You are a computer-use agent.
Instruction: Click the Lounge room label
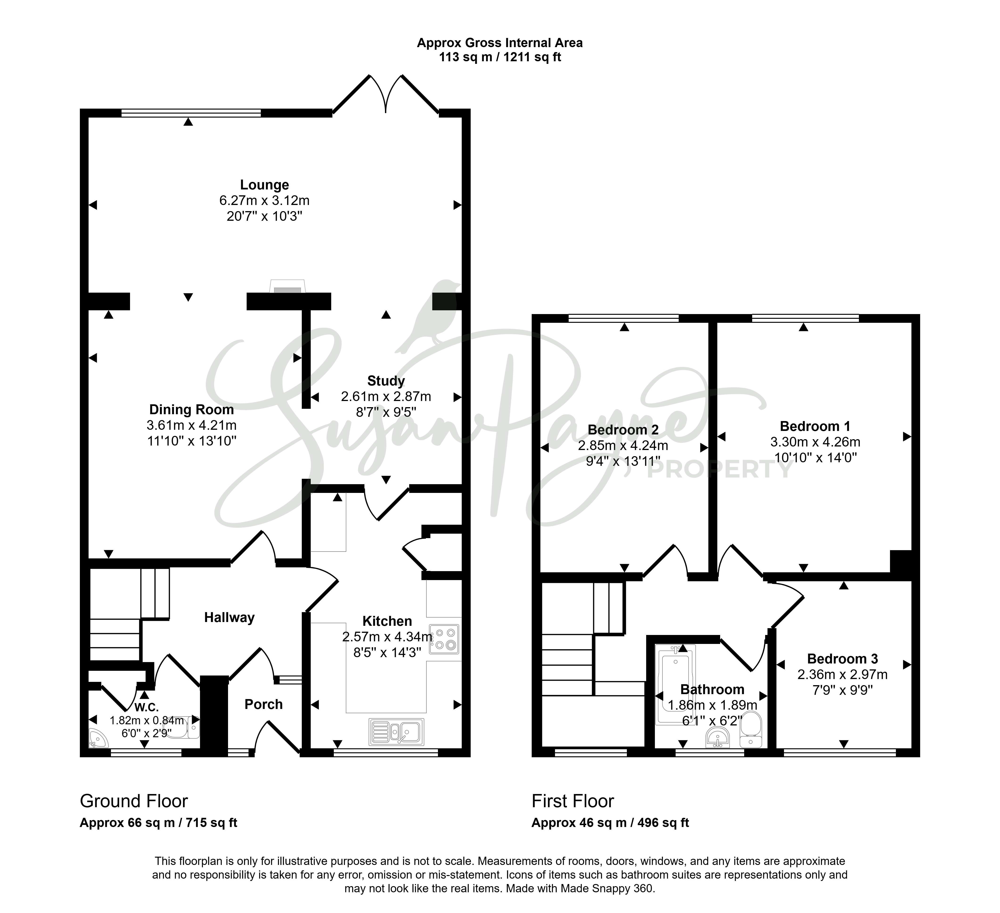tap(264, 185)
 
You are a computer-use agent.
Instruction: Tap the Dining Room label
tap(192, 410)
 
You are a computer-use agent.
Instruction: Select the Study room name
tap(386, 381)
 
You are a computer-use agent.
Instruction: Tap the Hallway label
tap(229, 618)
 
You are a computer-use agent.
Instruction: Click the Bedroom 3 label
tap(842, 659)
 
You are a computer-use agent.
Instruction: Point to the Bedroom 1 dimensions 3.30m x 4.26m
tap(815, 442)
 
